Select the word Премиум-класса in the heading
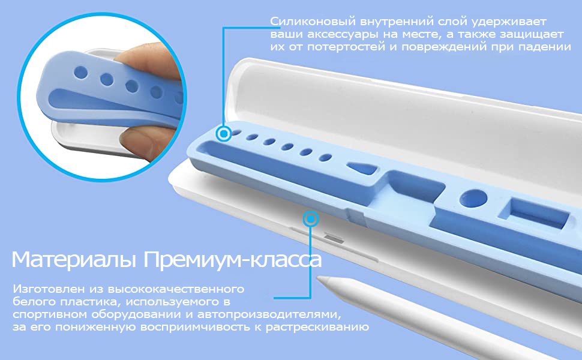[x=233, y=260]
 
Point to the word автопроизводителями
[x=269, y=315]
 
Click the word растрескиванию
[x=317, y=328]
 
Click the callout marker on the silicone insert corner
[x=224, y=133]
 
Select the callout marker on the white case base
[x=311, y=220]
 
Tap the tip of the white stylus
[x=319, y=278]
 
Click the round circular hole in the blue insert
[x=473, y=199]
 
